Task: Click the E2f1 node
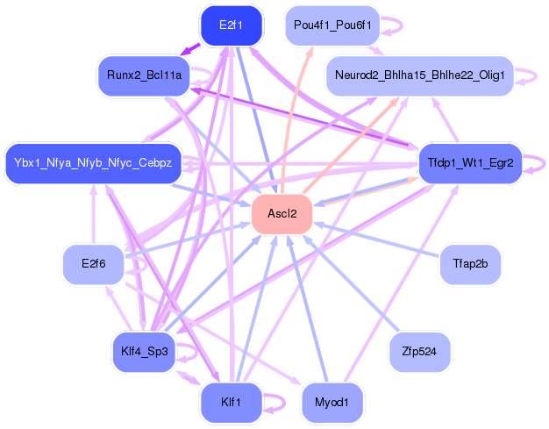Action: click(232, 25)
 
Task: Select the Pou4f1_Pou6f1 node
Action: click(332, 25)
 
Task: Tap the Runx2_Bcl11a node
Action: click(144, 76)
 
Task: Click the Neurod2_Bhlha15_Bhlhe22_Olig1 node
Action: click(419, 76)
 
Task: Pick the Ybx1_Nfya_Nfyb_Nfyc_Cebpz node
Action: click(93, 163)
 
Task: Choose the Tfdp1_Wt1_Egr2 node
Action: click(470, 163)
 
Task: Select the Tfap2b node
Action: click(470, 264)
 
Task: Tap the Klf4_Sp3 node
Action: click(144, 351)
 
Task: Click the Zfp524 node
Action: click(419, 351)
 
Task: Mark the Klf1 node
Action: click(232, 403)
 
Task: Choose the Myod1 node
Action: click(332, 403)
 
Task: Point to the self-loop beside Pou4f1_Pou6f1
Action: click(396, 25)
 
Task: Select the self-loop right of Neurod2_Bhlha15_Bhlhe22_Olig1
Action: click(530, 76)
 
